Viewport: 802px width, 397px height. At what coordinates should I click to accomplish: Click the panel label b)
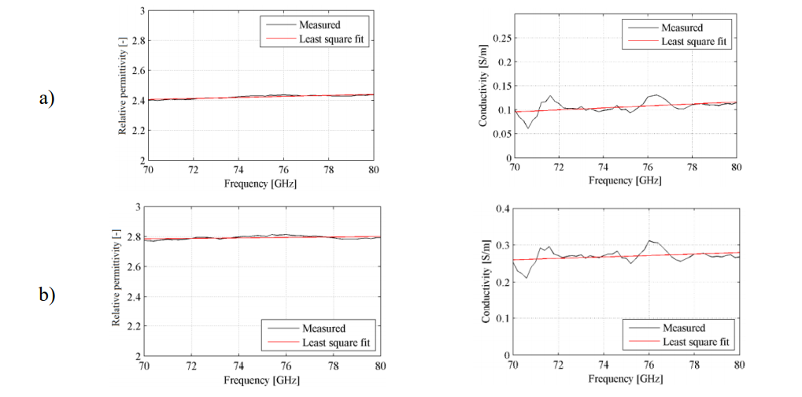[46, 295]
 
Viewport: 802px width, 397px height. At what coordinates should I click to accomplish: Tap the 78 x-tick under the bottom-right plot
[694, 365]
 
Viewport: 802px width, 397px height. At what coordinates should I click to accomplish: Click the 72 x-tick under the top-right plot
[559, 169]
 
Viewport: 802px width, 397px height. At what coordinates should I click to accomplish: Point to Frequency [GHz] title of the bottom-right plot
[626, 379]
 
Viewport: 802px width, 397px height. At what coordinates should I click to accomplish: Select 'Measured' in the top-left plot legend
[320, 24]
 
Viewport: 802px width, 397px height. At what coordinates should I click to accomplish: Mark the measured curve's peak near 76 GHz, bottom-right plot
[650, 240]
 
